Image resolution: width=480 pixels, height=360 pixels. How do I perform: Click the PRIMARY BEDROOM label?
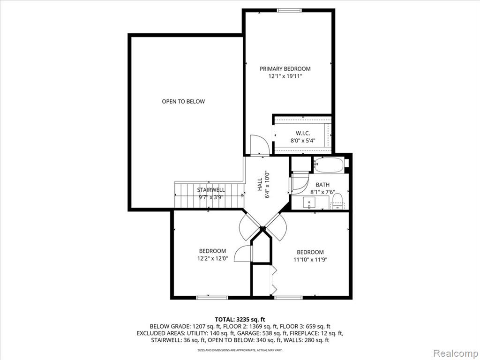(x=285, y=69)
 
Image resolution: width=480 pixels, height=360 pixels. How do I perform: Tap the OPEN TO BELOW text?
(x=183, y=101)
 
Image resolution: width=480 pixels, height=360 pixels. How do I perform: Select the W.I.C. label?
(x=303, y=133)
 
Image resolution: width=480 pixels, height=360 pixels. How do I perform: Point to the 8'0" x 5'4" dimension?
(x=303, y=141)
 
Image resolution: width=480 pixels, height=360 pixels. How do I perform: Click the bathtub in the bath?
(x=329, y=165)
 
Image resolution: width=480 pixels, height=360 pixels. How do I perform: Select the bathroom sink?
(x=309, y=202)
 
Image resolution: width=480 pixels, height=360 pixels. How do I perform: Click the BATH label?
(x=322, y=185)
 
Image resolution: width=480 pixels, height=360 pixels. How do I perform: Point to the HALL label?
(x=260, y=185)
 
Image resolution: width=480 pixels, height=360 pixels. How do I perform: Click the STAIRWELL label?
(x=211, y=190)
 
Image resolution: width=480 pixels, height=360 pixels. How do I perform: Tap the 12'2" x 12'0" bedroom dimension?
(x=212, y=258)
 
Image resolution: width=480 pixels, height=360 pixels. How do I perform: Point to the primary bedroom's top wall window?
(x=289, y=10)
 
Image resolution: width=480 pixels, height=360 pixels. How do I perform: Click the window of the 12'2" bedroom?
(x=212, y=297)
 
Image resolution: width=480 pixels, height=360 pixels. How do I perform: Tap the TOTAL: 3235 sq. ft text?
(x=240, y=320)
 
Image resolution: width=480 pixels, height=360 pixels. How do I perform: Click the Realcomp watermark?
(x=456, y=353)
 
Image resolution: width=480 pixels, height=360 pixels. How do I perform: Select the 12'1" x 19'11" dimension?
(x=285, y=76)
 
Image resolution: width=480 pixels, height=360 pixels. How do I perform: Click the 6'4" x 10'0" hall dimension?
(x=268, y=184)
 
